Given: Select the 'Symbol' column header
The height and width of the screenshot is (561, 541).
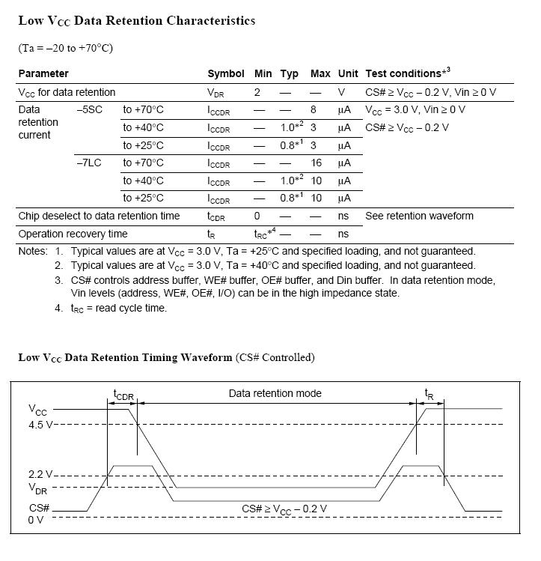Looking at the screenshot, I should click(x=225, y=73).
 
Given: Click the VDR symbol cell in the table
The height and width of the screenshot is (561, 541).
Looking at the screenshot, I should click(x=216, y=93).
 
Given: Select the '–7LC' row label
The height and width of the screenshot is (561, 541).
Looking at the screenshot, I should click(x=89, y=163).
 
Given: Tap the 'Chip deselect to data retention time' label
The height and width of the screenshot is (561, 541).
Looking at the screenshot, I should click(x=99, y=216).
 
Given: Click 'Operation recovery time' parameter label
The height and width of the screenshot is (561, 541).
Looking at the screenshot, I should click(x=73, y=234).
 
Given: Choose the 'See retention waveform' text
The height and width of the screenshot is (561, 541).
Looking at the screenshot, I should click(x=419, y=216).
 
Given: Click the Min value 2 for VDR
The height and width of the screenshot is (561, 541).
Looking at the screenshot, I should click(x=257, y=92).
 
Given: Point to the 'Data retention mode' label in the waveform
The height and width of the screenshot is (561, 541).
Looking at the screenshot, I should click(x=275, y=393).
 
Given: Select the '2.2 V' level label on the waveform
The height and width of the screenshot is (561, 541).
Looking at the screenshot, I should click(x=41, y=475).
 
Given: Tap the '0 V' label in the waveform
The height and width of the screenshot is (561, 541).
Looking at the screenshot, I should click(x=36, y=520).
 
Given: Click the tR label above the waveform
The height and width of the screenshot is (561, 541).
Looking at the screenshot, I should click(x=429, y=393).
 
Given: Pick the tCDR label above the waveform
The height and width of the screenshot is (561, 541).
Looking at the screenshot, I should click(x=123, y=395).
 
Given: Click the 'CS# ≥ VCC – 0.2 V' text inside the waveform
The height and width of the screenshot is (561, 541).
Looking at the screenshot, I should click(x=284, y=509).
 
